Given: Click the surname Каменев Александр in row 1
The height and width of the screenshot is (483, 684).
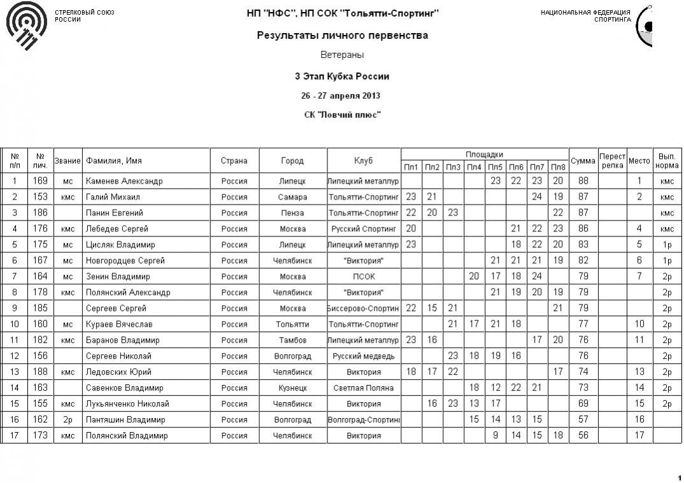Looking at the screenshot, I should click(x=124, y=181).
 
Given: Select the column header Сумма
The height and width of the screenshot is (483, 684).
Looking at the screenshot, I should click(x=583, y=161).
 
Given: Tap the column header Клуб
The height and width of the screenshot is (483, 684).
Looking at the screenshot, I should click(x=364, y=161).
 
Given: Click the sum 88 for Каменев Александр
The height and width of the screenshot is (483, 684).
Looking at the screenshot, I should click(x=583, y=181).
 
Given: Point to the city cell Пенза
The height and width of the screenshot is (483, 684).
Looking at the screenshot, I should click(x=292, y=213).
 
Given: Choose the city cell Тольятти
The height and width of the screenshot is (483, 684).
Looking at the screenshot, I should click(x=292, y=324).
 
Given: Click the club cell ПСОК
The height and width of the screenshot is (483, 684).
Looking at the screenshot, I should click(x=364, y=277).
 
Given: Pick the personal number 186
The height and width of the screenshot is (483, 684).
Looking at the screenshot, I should click(x=40, y=213).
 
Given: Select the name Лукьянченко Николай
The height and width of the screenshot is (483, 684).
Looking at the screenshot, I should click(x=127, y=404).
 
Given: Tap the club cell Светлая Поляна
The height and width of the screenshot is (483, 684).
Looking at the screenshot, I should click(x=364, y=388).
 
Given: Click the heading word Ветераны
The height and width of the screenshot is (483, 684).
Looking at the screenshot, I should click(x=342, y=55).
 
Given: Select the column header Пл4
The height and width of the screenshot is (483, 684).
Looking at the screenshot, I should click(x=474, y=167).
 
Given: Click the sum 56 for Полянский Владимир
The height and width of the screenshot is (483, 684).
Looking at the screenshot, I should click(x=583, y=436).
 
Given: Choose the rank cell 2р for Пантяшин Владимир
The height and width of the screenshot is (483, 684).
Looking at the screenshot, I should click(x=68, y=420).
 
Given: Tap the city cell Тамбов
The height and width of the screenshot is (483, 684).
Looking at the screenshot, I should click(x=292, y=340).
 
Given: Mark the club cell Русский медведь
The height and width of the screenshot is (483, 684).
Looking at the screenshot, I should click(x=364, y=356).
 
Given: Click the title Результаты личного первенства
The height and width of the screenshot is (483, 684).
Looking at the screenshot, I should click(x=342, y=36).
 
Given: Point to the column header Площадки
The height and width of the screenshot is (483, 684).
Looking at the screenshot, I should click(x=484, y=154).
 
